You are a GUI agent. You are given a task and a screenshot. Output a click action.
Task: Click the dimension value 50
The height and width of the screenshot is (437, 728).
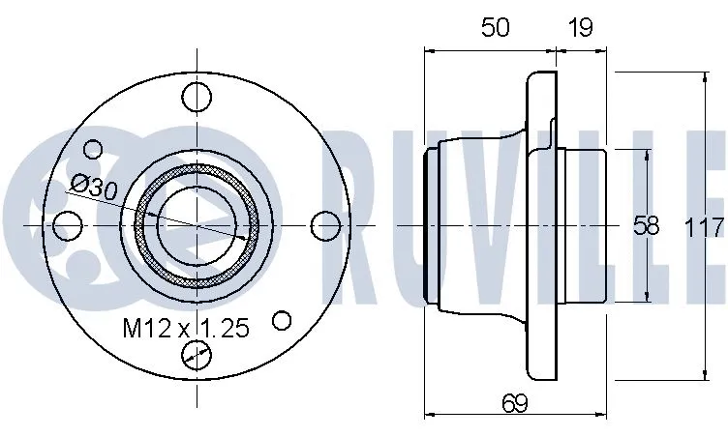tap(495, 27)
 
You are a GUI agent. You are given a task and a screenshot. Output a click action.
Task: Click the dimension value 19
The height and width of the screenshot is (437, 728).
tap(581, 27)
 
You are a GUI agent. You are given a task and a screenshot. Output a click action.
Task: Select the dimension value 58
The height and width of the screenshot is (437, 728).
tap(646, 226)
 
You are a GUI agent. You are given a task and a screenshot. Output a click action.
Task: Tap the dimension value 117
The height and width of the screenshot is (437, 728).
tap(704, 228)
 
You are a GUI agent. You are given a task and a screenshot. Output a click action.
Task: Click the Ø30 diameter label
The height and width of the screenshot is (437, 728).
tap(94, 185)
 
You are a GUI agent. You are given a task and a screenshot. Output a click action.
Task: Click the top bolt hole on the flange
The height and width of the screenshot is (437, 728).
tap(197, 97)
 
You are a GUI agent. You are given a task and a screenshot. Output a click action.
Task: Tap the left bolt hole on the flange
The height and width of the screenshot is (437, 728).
tap(67, 225)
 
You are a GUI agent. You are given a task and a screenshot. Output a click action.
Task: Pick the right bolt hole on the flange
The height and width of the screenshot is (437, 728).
tap(326, 225)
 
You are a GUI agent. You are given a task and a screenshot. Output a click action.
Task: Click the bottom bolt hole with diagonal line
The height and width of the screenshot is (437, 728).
tap(197, 355)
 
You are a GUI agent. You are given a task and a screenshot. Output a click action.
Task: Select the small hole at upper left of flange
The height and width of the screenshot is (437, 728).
tap(94, 149)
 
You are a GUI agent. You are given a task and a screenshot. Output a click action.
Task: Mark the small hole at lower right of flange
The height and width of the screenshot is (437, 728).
tap(283, 319)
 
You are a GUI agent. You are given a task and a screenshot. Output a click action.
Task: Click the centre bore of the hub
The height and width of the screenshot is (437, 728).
tap(197, 225)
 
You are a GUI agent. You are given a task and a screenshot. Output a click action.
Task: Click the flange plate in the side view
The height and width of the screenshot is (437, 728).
tap(539, 225)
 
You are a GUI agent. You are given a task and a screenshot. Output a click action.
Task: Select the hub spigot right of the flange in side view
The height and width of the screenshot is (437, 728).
tap(584, 225)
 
